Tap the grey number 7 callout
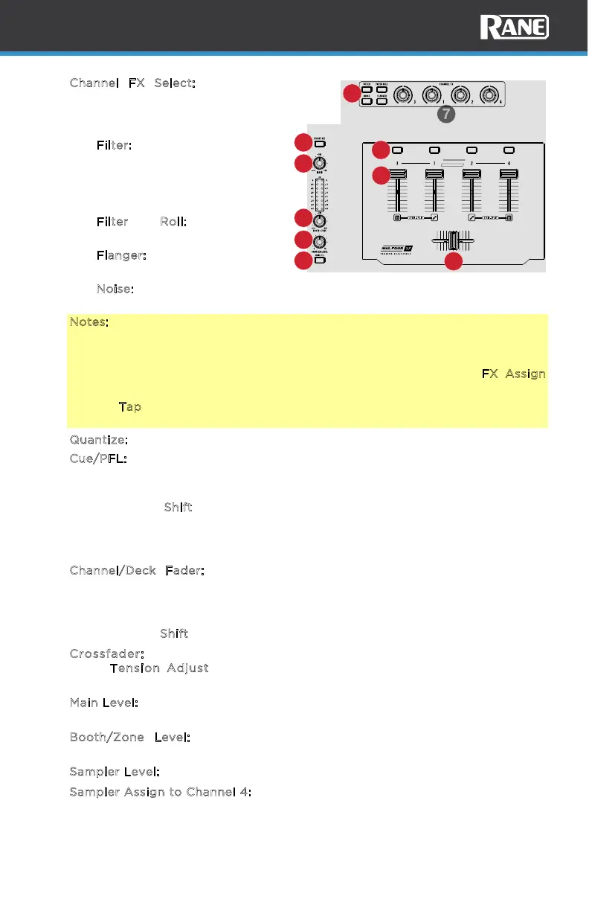[x=444, y=115]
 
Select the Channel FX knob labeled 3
[x=402, y=95]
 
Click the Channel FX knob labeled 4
[x=489, y=95]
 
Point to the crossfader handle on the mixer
[x=453, y=241]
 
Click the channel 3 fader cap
[x=398, y=174]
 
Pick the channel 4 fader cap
[x=509, y=174]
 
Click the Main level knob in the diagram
[x=321, y=164]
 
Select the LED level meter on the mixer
[x=321, y=196]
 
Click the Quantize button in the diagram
[x=319, y=143]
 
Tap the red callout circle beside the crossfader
[x=454, y=261]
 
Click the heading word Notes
[x=89, y=322]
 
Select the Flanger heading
[x=120, y=255]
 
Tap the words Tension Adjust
[x=159, y=668]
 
